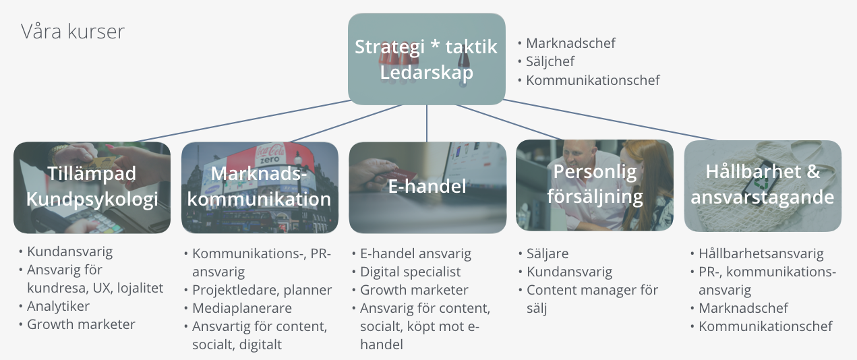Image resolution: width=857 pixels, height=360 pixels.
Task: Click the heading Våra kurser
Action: click(x=73, y=32)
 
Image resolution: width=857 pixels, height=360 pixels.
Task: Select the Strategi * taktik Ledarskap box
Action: click(x=427, y=59)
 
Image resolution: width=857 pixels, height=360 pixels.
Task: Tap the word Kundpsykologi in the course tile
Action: click(x=92, y=200)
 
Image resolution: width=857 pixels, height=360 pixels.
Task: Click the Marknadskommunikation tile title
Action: click(x=259, y=186)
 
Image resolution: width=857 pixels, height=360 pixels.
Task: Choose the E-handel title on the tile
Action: click(x=427, y=186)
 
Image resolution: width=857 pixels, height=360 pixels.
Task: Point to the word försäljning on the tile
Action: click(x=595, y=197)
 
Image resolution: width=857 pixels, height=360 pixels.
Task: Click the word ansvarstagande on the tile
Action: click(x=763, y=198)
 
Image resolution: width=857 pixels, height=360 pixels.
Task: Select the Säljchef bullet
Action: click(x=550, y=61)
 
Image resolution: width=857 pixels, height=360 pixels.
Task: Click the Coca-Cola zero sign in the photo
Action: click(x=270, y=154)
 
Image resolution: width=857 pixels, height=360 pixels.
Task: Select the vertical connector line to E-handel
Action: click(x=427, y=123)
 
